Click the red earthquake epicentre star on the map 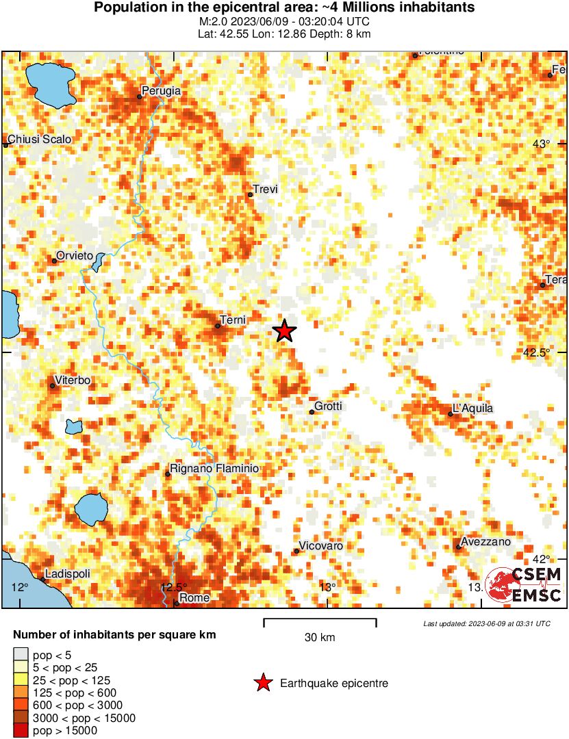[x=284, y=330]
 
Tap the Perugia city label [x=162, y=90]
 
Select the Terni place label [x=233, y=320]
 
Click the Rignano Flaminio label [x=214, y=469]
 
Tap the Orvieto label [x=74, y=255]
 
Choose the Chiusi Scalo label [x=40, y=140]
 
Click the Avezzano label [x=486, y=542]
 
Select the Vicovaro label [x=322, y=546]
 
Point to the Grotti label [x=328, y=406]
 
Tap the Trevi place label [x=265, y=190]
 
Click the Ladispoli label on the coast [x=67, y=573]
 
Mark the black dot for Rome [x=177, y=603]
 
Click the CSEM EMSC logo [x=524, y=584]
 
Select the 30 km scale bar [x=320, y=623]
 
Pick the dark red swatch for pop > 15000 [x=21, y=731]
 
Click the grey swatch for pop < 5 [x=21, y=656]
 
